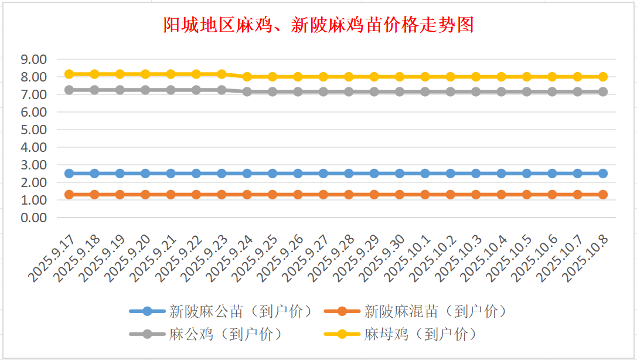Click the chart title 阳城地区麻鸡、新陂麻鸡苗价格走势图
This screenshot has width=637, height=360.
(x=318, y=25)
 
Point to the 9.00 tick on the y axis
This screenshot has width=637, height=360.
(x=33, y=59)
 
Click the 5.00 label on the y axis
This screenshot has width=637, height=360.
(x=33, y=130)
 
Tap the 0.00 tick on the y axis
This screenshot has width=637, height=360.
(x=33, y=218)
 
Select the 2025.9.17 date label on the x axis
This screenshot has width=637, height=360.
(x=53, y=257)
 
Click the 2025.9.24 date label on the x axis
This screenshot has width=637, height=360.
(x=231, y=257)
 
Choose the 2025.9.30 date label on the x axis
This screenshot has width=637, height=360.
(x=384, y=257)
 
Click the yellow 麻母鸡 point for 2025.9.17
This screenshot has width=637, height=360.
(x=69, y=74)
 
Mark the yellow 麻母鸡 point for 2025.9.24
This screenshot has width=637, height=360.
(x=247, y=77)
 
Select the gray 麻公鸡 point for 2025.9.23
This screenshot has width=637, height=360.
(x=222, y=90)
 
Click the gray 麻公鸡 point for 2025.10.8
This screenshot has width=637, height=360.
(x=603, y=91)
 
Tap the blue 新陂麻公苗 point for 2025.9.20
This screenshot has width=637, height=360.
(x=145, y=174)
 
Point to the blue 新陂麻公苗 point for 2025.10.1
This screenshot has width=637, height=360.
(x=425, y=174)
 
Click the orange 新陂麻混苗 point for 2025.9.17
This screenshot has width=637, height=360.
(x=69, y=195)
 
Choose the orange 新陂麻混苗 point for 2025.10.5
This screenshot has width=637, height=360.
(x=527, y=195)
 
